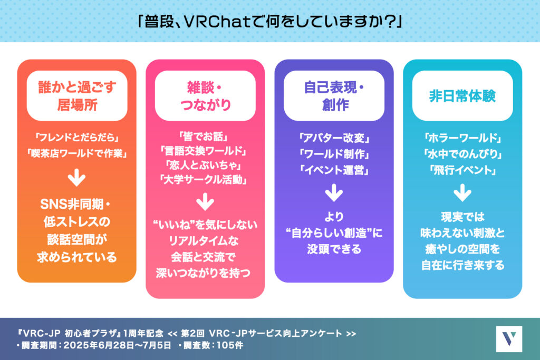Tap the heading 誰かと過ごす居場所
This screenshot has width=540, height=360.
[77, 96]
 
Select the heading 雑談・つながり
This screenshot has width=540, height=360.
[205, 96]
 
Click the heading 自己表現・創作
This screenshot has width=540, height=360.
[334, 96]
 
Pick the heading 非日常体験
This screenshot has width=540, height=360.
[462, 96]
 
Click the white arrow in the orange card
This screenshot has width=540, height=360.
[76, 177]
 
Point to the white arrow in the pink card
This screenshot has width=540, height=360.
[205, 202]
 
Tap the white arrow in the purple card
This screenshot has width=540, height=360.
[334, 193]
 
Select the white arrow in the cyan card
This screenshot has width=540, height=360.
[462, 193]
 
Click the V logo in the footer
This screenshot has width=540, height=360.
[509, 339]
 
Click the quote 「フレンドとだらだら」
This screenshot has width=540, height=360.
[77, 138]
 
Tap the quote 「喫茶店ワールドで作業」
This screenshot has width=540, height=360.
[77, 153]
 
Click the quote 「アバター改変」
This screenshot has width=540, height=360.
[334, 138]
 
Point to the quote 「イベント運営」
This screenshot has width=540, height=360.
[334, 170]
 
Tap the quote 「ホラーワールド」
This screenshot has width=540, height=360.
[462, 138]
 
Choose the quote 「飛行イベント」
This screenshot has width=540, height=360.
[462, 170]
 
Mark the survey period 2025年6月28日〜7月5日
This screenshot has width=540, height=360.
[117, 345]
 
